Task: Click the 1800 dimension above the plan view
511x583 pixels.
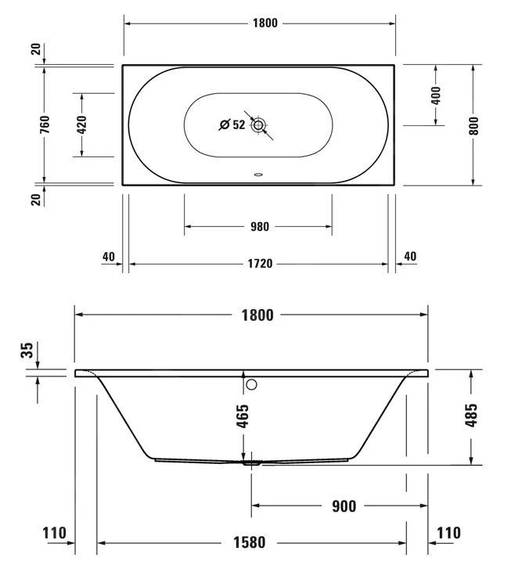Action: click(x=265, y=23)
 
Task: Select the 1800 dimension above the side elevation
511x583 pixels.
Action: click(x=257, y=315)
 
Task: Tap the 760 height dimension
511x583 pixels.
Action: click(x=45, y=125)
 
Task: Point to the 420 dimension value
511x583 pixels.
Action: click(x=82, y=124)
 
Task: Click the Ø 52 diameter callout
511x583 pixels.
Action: click(x=232, y=124)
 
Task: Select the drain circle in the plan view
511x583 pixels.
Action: click(x=259, y=124)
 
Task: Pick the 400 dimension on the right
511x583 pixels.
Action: click(x=436, y=95)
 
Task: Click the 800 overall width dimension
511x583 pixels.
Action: click(x=473, y=125)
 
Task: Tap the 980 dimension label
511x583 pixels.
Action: click(x=259, y=227)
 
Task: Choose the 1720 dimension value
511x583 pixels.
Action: click(x=259, y=264)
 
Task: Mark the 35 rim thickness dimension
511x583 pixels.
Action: click(x=29, y=351)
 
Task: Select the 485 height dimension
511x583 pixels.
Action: click(x=470, y=417)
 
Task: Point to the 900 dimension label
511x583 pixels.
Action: click(x=343, y=506)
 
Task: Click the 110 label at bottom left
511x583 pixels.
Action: click(x=55, y=534)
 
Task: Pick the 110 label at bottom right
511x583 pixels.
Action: click(x=448, y=534)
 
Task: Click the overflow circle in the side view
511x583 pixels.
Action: click(x=251, y=384)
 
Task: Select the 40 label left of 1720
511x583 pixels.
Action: click(x=108, y=257)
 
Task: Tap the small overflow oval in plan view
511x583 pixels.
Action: click(x=259, y=175)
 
